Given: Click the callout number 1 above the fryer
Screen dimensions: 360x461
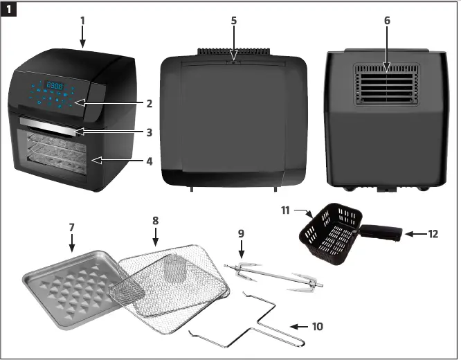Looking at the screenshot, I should (82, 20).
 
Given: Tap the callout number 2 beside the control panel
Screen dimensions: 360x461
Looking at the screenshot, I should (149, 104).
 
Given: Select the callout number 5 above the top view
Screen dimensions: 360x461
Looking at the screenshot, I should (234, 21).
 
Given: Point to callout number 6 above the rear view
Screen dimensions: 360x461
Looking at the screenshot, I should (387, 21).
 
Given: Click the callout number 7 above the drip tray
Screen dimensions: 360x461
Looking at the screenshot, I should (71, 226).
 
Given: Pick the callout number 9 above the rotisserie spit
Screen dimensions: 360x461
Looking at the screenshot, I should (241, 234).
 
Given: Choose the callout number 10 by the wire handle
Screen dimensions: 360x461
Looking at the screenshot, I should (317, 325).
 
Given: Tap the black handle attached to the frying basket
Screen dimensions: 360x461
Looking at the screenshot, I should (380, 233).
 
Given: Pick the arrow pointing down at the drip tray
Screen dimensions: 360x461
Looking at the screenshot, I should (71, 243).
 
